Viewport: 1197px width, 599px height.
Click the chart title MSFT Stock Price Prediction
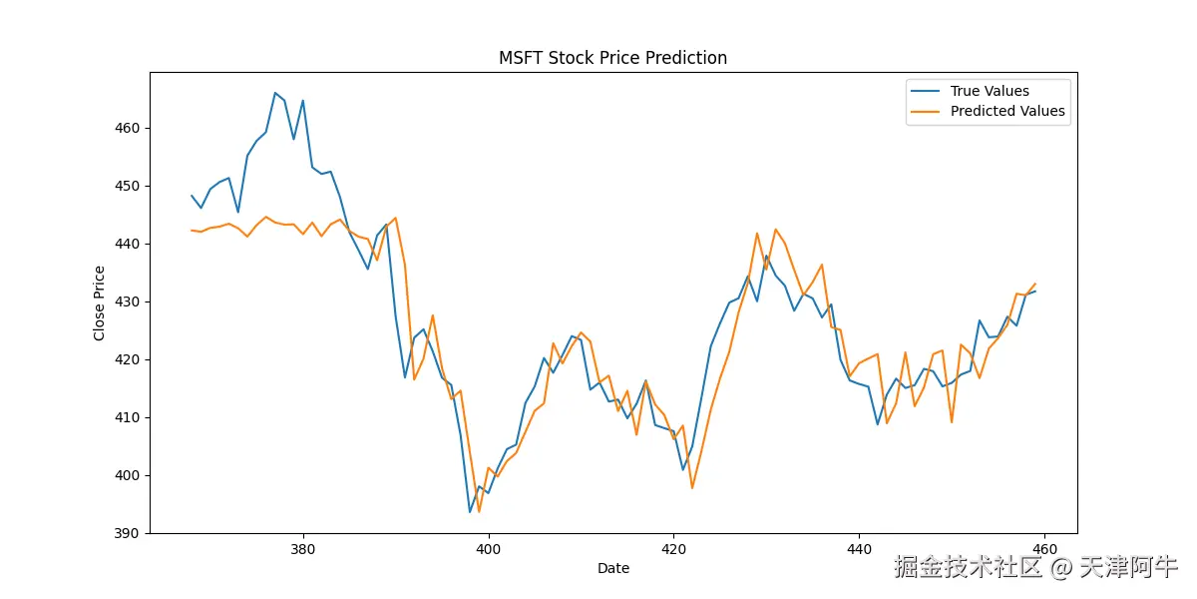point(612,58)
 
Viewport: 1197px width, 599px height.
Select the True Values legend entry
point(990,91)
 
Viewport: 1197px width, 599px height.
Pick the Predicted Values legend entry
point(1007,111)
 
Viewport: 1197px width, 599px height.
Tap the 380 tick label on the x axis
point(302,549)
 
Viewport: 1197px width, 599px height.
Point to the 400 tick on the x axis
point(488,549)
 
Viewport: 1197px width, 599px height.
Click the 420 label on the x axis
point(673,549)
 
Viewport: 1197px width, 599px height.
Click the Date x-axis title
point(612,569)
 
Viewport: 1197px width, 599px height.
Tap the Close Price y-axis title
point(100,302)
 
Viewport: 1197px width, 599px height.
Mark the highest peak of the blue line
point(274,93)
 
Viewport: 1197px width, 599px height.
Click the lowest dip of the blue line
point(470,512)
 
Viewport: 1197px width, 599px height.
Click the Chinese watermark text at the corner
point(1035,568)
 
